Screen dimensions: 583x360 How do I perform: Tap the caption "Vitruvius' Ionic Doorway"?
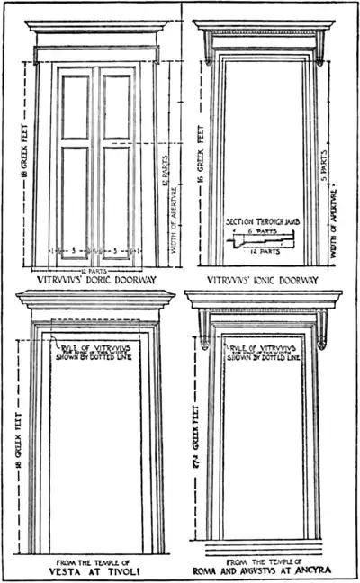pos(264,280)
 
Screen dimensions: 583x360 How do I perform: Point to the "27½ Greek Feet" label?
pos(194,450)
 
